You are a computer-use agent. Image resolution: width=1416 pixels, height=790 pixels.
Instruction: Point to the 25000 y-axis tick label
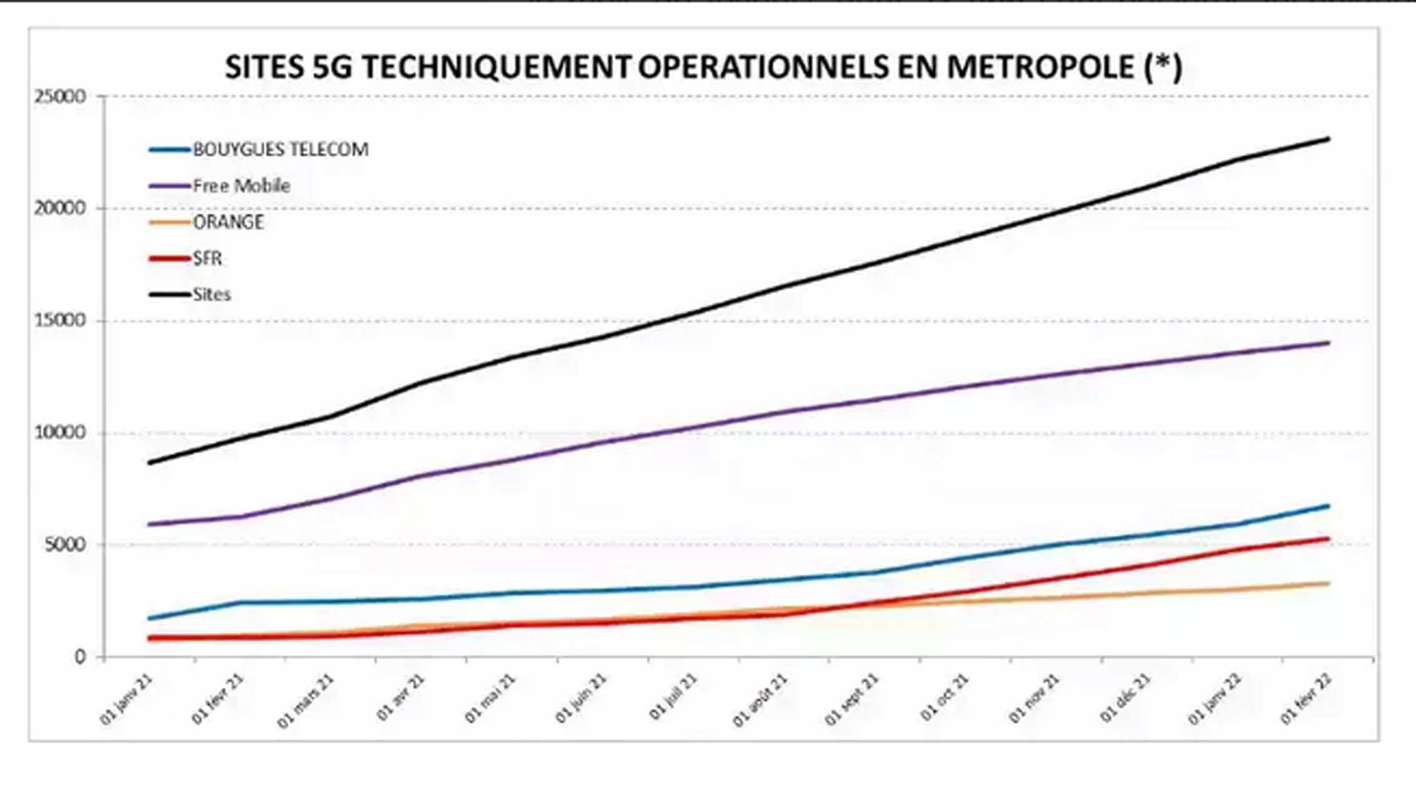click(x=59, y=97)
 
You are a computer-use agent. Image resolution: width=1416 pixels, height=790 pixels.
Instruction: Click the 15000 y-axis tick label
click(x=59, y=321)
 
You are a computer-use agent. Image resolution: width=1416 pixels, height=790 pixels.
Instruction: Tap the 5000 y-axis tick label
click(x=64, y=545)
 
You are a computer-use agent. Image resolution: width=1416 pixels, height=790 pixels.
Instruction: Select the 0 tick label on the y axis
click(x=80, y=656)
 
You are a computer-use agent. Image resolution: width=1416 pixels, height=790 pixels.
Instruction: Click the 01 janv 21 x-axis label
click(x=126, y=699)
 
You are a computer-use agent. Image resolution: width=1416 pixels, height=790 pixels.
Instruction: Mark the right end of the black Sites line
click(x=1328, y=139)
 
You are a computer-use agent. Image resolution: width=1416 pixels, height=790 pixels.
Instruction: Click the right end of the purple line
click(x=1328, y=342)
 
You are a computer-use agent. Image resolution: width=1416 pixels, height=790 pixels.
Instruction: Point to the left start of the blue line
click(x=149, y=618)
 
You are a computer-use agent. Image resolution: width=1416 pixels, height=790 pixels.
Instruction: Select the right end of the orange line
click(x=1328, y=583)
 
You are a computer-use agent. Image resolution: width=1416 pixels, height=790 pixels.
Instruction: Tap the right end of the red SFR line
click(x=1328, y=538)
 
